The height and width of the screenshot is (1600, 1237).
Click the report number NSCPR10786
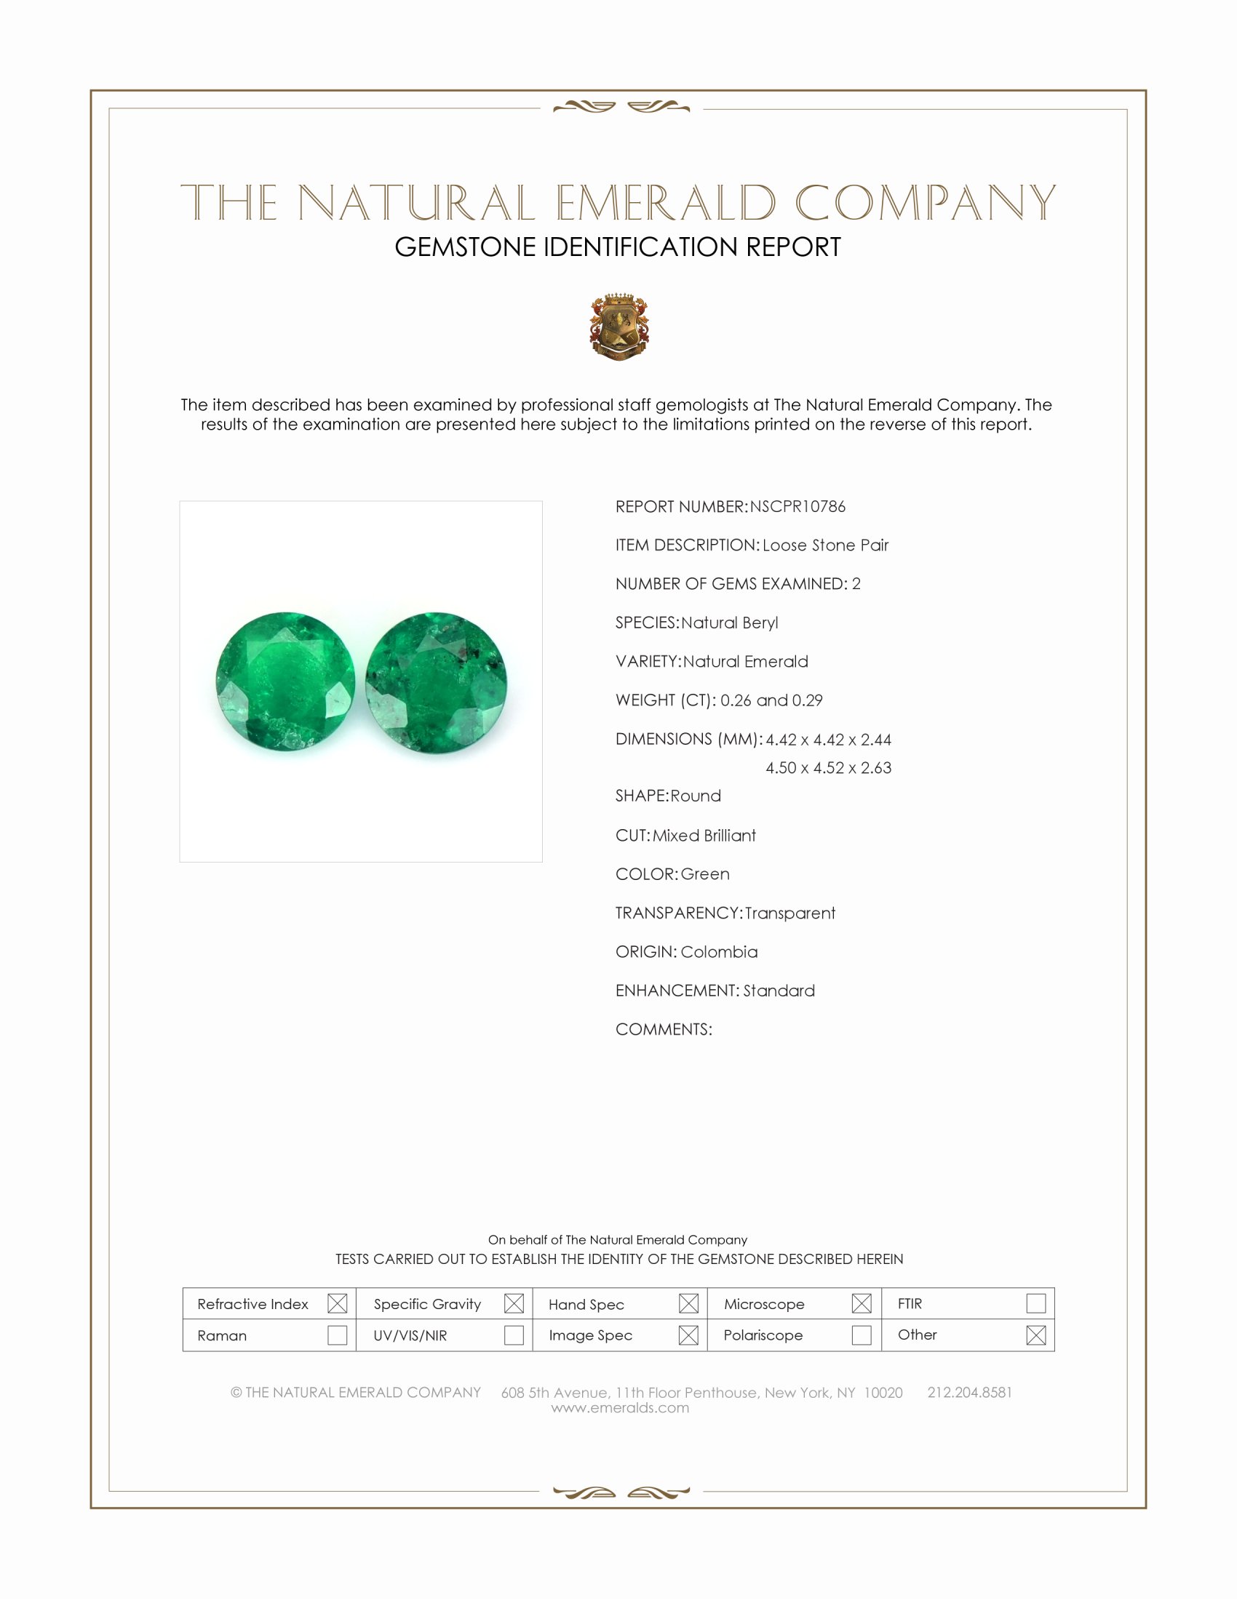pyautogui.click(x=798, y=507)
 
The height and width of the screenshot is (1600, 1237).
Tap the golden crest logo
pyautogui.click(x=619, y=327)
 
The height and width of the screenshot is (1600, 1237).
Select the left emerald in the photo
pyautogui.click(x=285, y=681)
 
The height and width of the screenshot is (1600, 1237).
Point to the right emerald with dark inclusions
pyautogui.click(x=436, y=684)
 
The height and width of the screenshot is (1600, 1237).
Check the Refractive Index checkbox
pyautogui.click(x=337, y=1303)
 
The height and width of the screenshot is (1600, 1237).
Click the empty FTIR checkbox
pyautogui.click(x=1035, y=1303)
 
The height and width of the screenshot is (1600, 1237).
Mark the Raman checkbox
pyautogui.click(x=337, y=1335)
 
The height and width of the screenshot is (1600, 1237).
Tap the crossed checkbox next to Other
pyautogui.click(x=1035, y=1335)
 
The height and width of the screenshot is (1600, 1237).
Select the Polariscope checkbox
pyautogui.click(x=862, y=1335)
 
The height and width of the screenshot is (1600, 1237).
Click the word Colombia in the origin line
pyautogui.click(x=718, y=952)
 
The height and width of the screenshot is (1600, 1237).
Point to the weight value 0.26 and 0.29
pyautogui.click(x=771, y=700)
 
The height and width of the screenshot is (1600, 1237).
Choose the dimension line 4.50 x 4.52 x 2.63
pyautogui.click(x=828, y=768)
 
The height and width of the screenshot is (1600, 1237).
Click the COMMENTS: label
pyautogui.click(x=663, y=1029)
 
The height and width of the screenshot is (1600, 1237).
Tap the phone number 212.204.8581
pyautogui.click(x=968, y=1393)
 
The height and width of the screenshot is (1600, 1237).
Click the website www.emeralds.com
pyautogui.click(x=620, y=1408)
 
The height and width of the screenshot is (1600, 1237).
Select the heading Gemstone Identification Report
pyautogui.click(x=618, y=247)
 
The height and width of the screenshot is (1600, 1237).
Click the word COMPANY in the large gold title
pyautogui.click(x=925, y=203)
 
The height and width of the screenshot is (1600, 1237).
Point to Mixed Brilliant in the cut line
pyautogui.click(x=704, y=836)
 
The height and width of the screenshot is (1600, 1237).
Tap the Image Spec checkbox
pyautogui.click(x=688, y=1335)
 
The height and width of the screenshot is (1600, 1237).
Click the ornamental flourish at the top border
pyautogui.click(x=621, y=108)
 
